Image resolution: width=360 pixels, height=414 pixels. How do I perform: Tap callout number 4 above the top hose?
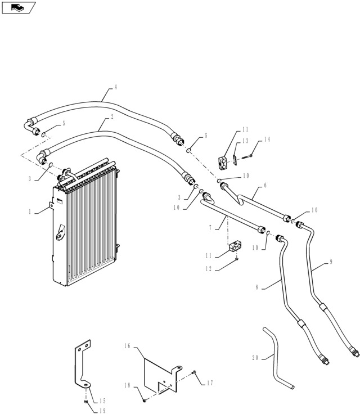pos(115,87)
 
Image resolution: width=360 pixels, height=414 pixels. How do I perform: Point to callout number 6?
pos(265,185)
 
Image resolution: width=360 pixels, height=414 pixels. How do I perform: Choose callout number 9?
pos(331,262)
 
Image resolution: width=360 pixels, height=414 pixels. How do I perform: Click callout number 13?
pos(245,141)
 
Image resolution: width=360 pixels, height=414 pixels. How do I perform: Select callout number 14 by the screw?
pos(267,139)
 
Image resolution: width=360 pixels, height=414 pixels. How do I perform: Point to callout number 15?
pos(102,385)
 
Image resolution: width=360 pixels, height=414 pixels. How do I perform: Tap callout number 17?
pos(209,383)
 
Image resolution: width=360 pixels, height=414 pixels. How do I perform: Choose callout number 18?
pos(128,385)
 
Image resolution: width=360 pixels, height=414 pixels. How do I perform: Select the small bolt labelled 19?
pos(84,400)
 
